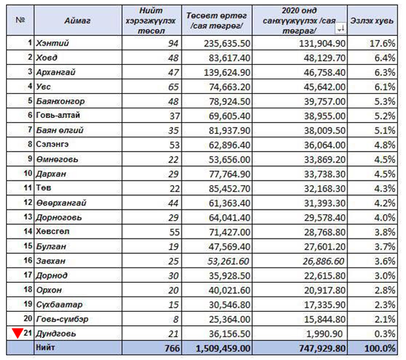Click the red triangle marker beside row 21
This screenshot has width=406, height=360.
point(18,333)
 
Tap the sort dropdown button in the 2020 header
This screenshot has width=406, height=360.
point(341,28)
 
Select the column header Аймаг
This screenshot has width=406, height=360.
point(77,21)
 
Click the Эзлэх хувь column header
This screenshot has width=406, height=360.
point(371,21)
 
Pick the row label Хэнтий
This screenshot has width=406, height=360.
point(52,43)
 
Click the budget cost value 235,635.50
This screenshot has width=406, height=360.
point(227,43)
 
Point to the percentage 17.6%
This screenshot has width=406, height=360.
point(383,43)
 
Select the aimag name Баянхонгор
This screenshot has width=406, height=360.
point(60,101)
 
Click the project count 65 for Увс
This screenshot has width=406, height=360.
point(173,87)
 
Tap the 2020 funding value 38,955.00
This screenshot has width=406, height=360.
point(325,116)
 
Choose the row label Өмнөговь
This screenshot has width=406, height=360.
point(57,159)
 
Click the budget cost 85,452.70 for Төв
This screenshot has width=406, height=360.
point(230,188)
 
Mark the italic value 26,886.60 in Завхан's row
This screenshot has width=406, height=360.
point(324,261)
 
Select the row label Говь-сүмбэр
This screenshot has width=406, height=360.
point(62,319)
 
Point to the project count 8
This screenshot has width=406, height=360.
point(176,319)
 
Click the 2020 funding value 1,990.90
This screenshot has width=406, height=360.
point(325,334)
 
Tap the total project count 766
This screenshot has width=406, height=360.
point(172,348)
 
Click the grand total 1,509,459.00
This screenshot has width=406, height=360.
point(223,348)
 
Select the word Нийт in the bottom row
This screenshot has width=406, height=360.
point(46,348)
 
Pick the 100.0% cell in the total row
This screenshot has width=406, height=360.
point(380,348)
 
